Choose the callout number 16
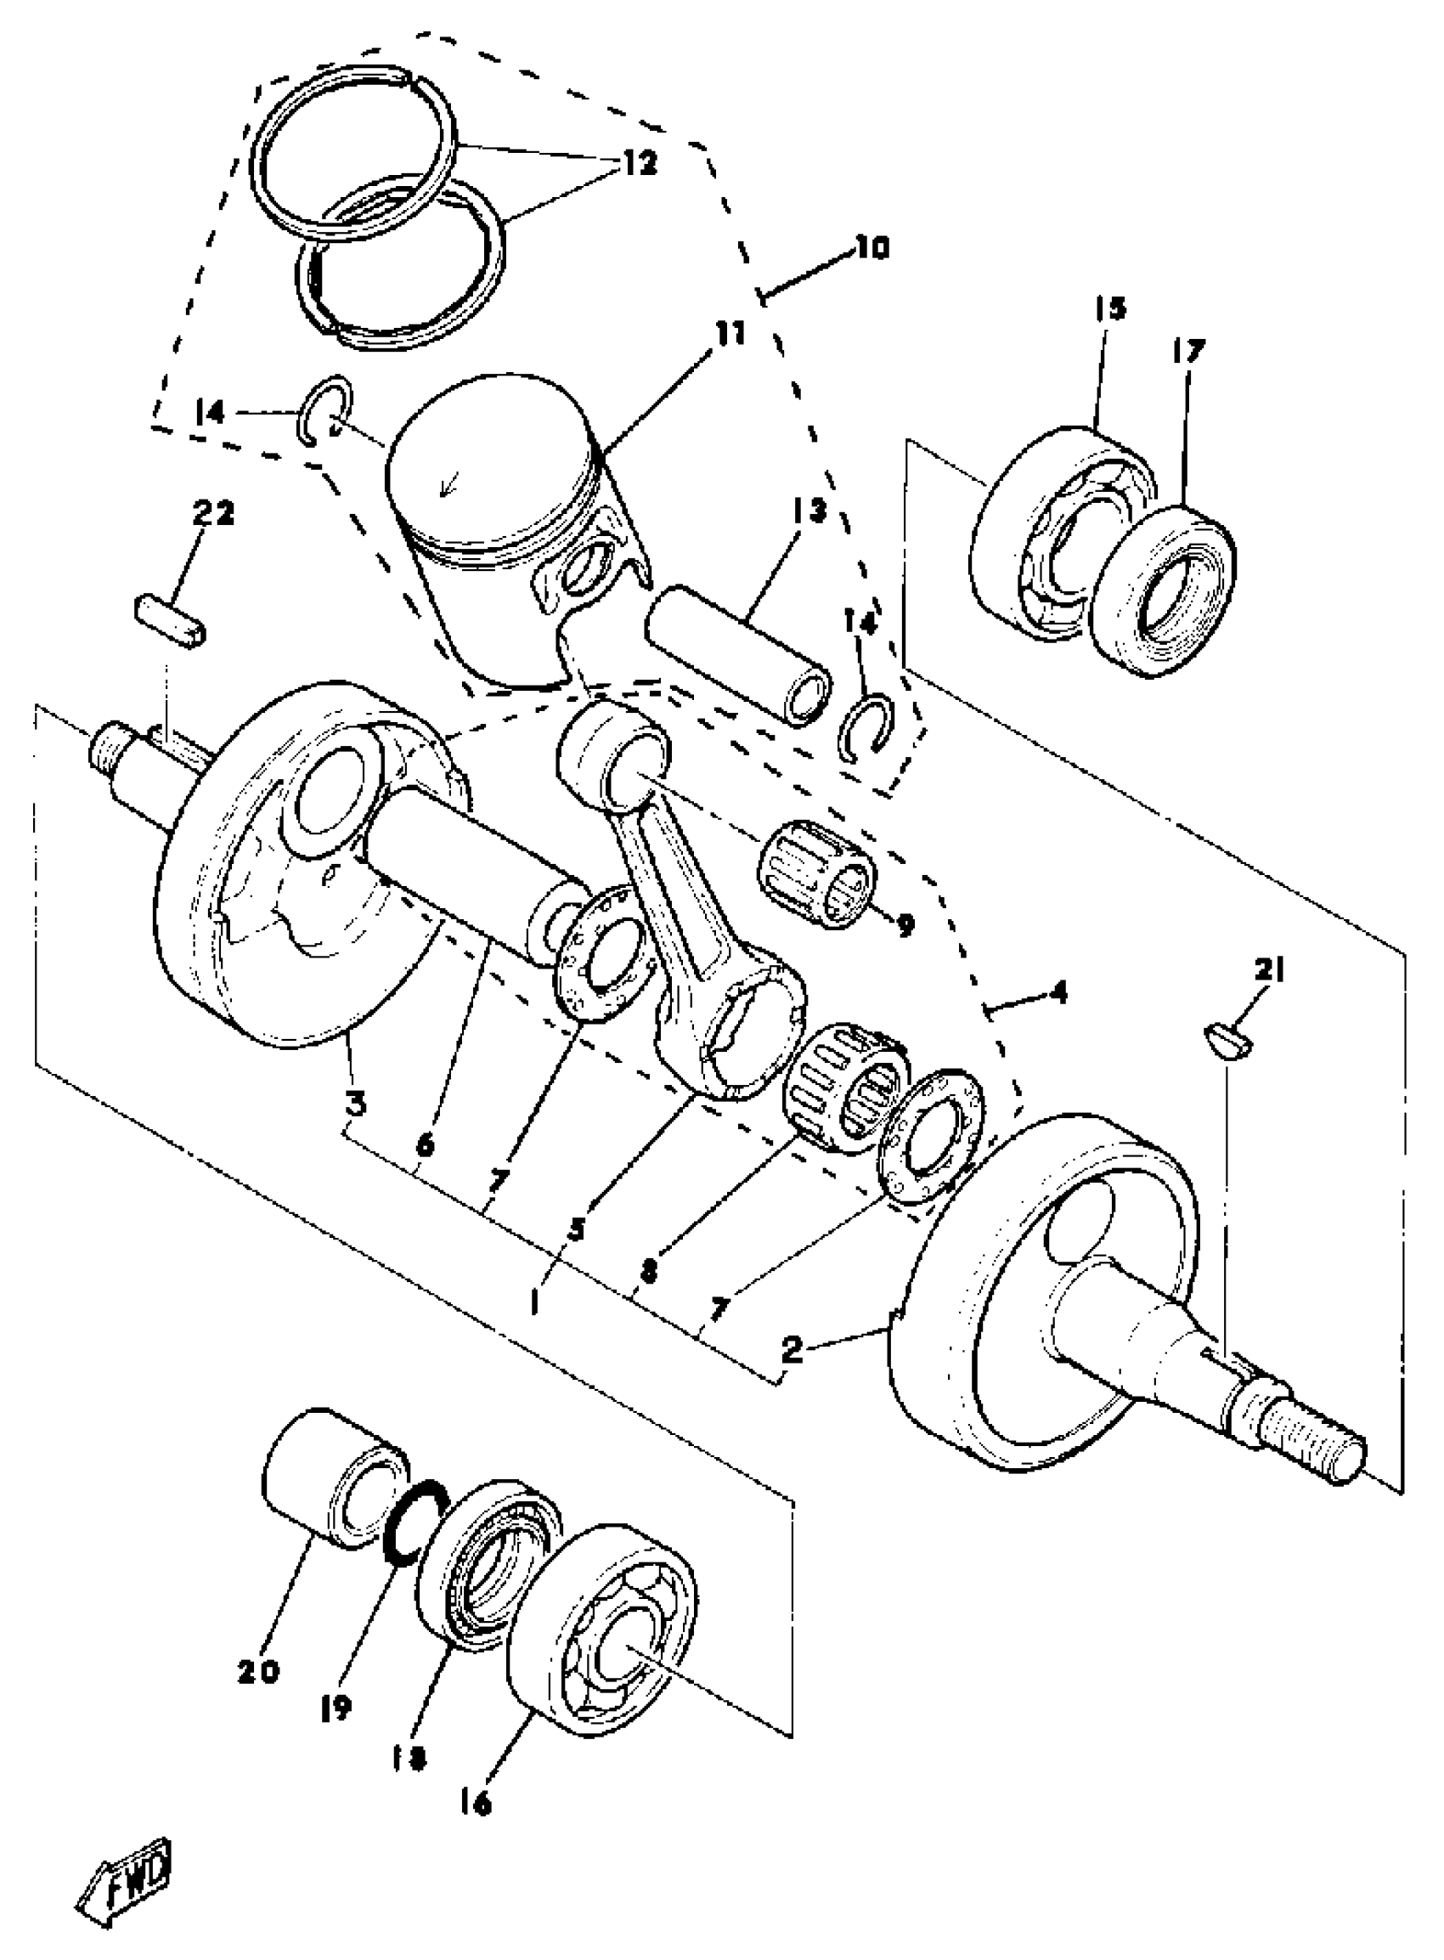click(473, 1802)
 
